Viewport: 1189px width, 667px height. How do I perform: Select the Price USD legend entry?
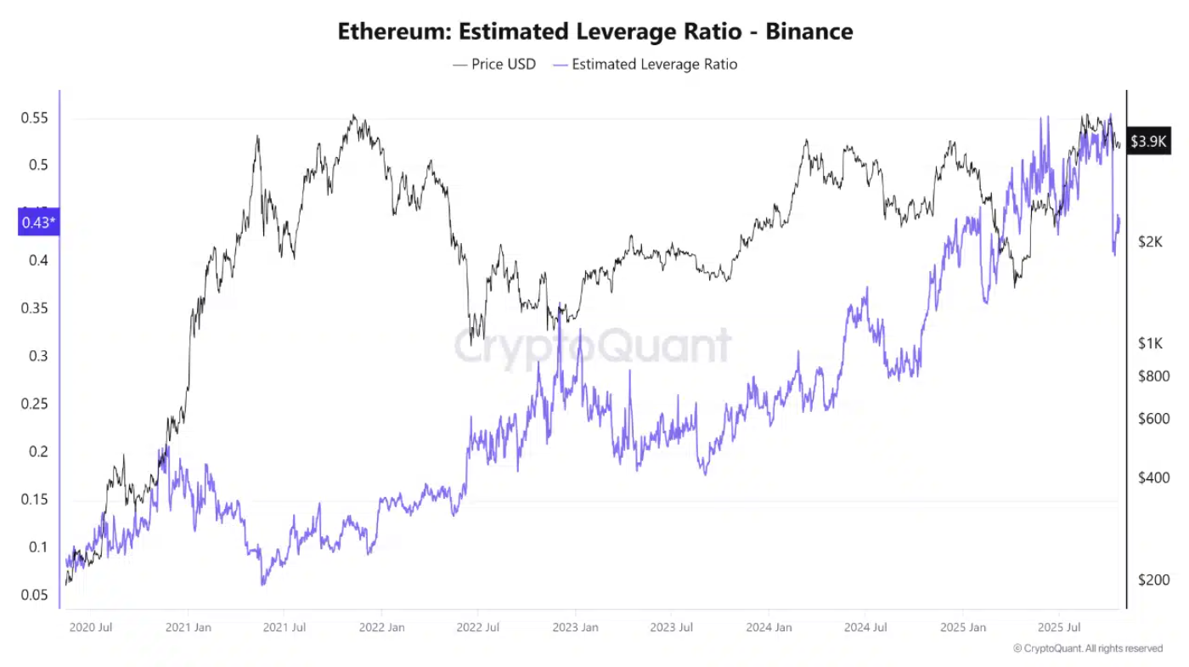(504, 64)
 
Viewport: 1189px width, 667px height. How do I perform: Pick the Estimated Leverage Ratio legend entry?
(654, 64)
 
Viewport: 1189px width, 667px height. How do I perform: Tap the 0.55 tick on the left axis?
(35, 118)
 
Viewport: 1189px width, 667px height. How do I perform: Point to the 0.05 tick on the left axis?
(35, 595)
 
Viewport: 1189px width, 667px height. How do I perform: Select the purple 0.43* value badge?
(38, 223)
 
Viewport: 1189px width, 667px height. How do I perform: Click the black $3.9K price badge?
(1148, 141)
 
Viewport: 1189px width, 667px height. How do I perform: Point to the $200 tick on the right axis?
(1153, 580)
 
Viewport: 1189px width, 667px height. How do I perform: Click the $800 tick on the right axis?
(1153, 376)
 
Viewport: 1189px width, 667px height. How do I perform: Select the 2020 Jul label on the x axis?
(91, 628)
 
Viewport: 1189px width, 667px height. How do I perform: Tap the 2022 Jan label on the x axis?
(381, 628)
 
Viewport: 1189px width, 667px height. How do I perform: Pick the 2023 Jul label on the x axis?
(671, 628)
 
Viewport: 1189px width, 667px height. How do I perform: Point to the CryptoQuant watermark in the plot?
(592, 347)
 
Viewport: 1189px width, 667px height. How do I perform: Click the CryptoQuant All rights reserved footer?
(1088, 648)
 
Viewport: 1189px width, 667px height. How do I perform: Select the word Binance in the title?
(809, 32)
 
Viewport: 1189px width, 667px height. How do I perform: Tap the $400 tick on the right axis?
(1153, 478)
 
